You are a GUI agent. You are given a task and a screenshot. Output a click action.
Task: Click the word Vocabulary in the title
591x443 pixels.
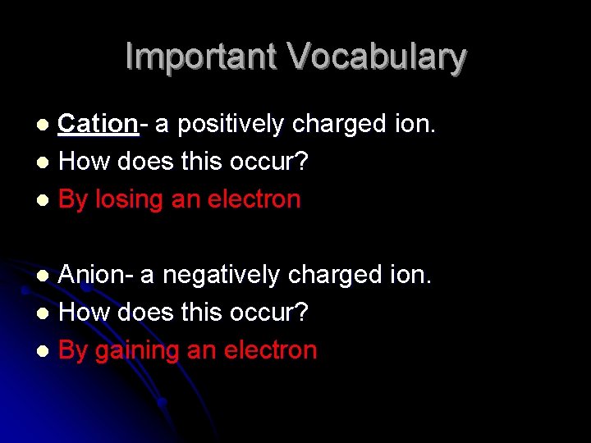pos(377,57)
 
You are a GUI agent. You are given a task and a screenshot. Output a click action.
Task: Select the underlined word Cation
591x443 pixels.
pos(98,124)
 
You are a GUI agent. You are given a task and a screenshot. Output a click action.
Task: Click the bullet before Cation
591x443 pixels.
pos(48,125)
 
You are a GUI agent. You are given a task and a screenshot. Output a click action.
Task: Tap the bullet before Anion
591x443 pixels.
pos(48,276)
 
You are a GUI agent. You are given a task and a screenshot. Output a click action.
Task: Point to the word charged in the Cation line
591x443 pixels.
pos(337,124)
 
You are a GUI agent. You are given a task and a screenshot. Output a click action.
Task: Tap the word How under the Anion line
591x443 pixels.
pos(85,313)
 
